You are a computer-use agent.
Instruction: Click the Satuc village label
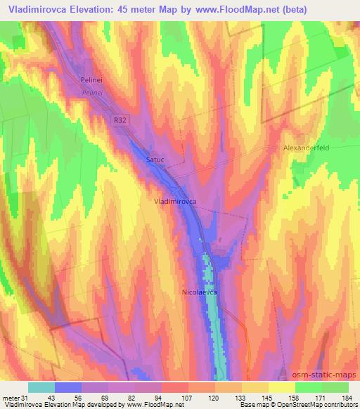[155, 160]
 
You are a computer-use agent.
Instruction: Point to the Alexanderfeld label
[307, 149]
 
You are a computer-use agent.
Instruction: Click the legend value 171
[321, 398]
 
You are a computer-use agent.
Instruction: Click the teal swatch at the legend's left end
[41, 387]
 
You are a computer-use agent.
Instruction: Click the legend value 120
[212, 398]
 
